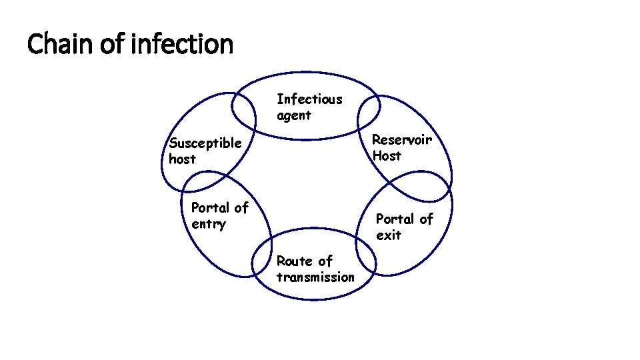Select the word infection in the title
coord(183,45)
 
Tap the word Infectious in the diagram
coord(309,99)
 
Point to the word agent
coord(293,115)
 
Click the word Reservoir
coord(401,139)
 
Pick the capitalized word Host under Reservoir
coord(387,156)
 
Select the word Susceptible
coord(205,143)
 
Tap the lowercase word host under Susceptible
coord(182,159)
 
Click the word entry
coord(208,224)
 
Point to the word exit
coord(388,235)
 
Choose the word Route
coord(294,261)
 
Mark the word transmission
coord(315,277)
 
